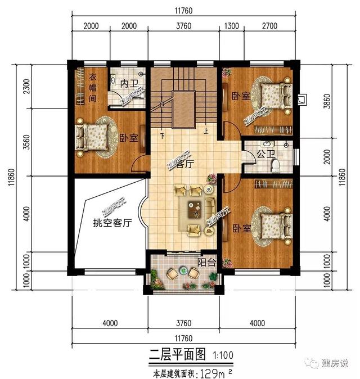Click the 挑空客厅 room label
pos(112,223)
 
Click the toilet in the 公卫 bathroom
pos(275,165)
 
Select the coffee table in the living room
pos(195,208)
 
